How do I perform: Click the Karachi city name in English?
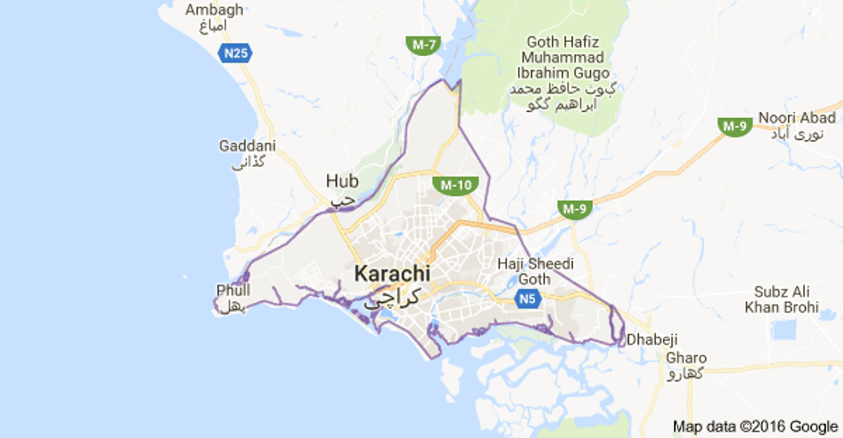392,273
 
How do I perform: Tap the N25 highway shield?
235,54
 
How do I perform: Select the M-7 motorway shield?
423,44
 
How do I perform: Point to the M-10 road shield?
456,184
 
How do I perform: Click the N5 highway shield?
529,299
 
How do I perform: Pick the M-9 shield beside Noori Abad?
734,126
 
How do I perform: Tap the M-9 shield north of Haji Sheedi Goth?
574,208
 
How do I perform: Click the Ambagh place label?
214,10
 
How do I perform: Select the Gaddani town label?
247,146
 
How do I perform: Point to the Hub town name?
342,180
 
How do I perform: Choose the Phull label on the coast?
233,290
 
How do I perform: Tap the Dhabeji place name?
655,338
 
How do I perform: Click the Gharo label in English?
686,358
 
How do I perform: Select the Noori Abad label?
796,118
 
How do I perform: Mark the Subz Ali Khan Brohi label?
781,300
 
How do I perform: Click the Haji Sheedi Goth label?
536,271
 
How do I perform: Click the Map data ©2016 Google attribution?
755,426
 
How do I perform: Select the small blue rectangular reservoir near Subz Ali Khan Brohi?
785,330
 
